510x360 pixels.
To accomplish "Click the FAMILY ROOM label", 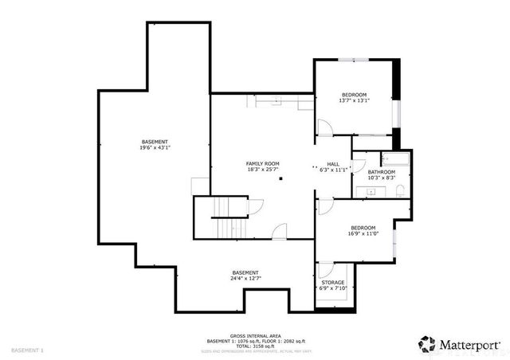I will click(262, 162).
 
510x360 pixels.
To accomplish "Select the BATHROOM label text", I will click(382, 172).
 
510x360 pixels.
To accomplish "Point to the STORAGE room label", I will click(333, 282).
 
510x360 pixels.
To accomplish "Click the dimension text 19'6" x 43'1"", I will click(155, 147).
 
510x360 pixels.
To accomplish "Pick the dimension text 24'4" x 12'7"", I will click(245, 278).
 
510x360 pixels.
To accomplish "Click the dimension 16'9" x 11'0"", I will click(362, 233).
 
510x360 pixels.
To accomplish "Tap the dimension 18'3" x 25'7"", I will click(262, 169).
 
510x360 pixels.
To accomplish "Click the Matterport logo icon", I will click(427, 344).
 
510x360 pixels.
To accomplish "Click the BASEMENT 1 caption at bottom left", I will click(28, 350).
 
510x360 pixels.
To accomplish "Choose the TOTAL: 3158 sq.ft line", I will click(254, 346).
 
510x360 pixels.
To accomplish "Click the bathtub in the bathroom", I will click(394, 158).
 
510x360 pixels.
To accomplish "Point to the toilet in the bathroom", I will click(400, 189).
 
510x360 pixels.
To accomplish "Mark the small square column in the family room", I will click(280, 179).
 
